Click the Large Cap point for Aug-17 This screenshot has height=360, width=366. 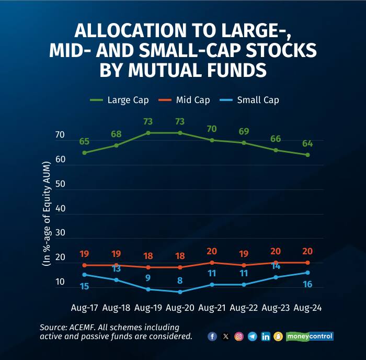(84, 153)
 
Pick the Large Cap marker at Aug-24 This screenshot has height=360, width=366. (307, 155)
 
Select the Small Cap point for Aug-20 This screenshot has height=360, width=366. (180, 292)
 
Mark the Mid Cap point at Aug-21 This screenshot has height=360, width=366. (212, 263)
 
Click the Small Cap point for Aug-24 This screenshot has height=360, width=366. (307, 272)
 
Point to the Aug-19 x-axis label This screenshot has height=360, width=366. (148, 308)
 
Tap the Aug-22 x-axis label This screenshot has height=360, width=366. (244, 308)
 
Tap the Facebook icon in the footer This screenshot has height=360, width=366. (212, 336)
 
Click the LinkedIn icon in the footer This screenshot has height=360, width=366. (266, 336)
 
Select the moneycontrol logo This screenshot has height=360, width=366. (310, 336)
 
